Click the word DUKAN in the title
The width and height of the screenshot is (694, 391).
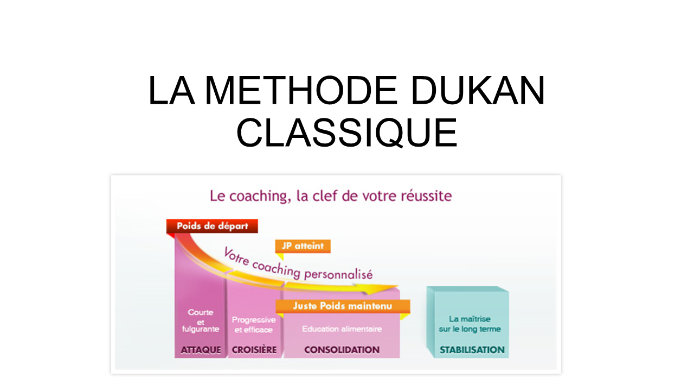478,90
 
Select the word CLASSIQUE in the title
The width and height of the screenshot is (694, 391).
346,133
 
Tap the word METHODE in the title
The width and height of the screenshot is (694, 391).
301,90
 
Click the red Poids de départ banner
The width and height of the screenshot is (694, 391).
212,226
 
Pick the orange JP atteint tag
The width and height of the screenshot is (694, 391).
303,246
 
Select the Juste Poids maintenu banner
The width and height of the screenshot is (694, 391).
343,306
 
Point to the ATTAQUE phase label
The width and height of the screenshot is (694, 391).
201,350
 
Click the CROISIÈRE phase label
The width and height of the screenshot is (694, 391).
254,350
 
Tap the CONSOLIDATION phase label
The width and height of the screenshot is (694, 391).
342,350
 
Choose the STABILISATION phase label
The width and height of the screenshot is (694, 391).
472,350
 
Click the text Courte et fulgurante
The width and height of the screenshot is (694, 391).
201,320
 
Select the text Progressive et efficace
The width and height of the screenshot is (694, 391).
254,325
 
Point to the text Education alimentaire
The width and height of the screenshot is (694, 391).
342,329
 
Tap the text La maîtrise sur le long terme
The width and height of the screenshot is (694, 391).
470,324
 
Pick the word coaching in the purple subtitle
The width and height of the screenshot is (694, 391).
259,197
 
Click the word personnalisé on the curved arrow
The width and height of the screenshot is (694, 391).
338,274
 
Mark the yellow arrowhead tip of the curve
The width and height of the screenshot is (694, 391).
399,286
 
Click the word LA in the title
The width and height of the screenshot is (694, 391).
172,90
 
